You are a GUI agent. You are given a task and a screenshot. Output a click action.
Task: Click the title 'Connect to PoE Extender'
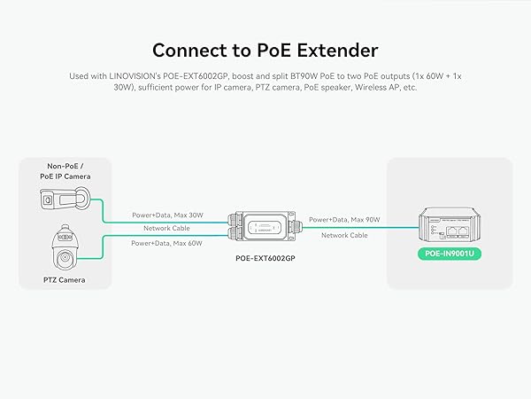pos(265,50)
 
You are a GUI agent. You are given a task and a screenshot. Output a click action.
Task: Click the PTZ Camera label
pos(64,279)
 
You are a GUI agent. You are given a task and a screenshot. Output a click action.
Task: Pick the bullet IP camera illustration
pos(63,202)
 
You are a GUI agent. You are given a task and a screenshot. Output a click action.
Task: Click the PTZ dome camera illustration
pos(64,246)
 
